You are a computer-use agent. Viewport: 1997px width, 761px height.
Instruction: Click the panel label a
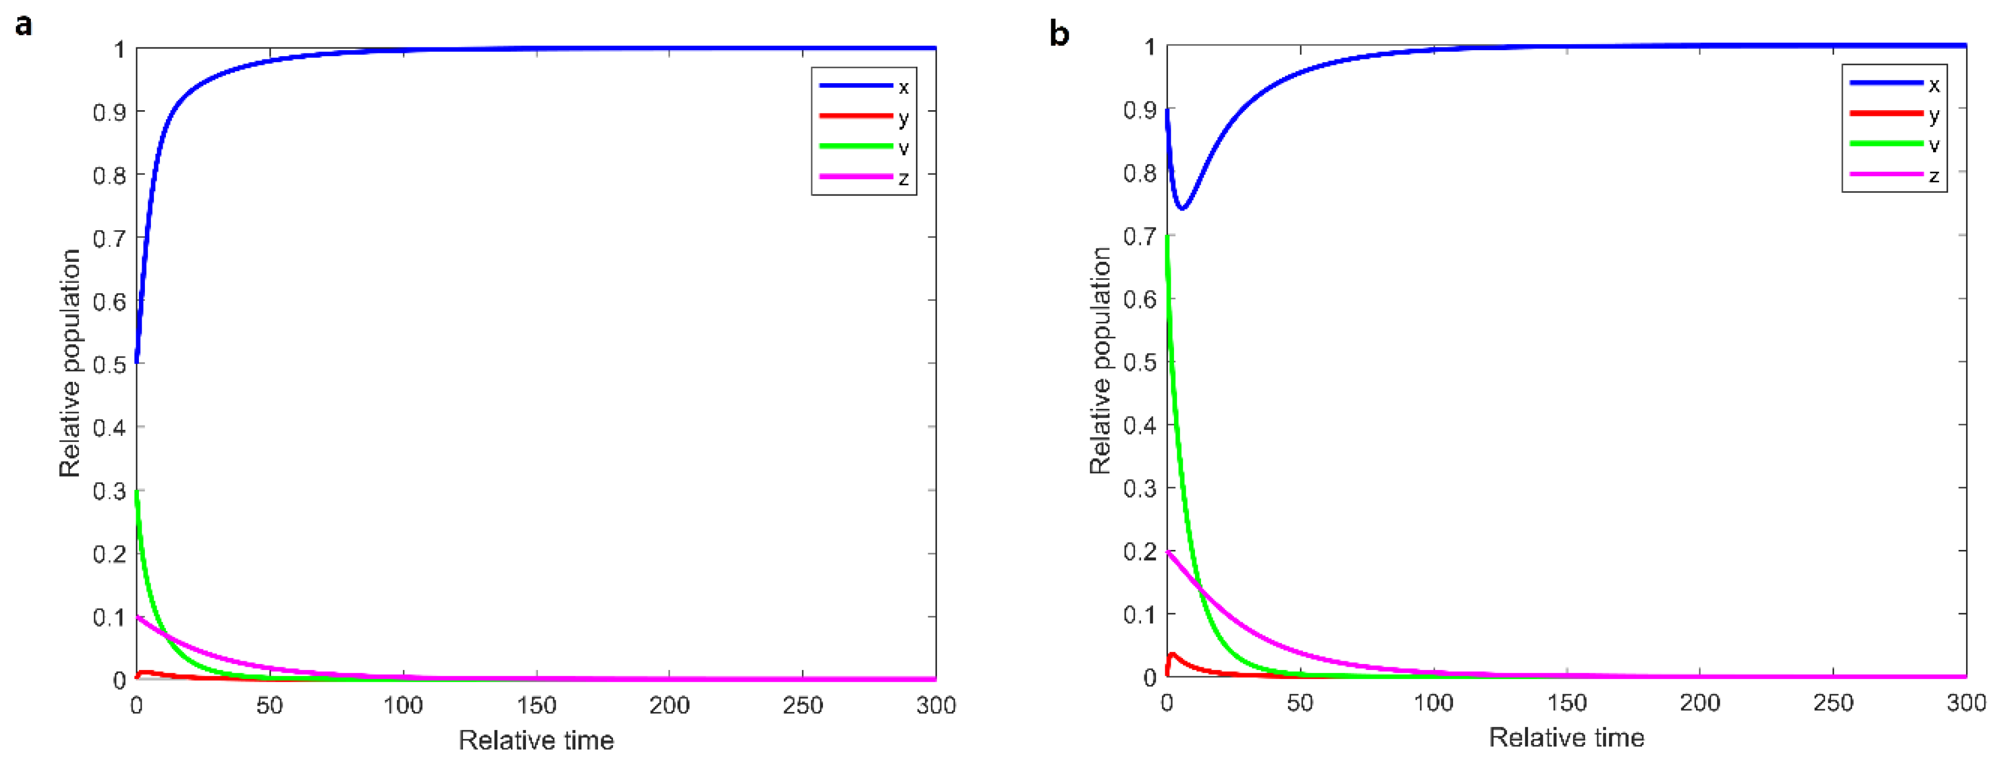click(23, 25)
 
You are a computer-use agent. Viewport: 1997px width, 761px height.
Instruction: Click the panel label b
click(1059, 34)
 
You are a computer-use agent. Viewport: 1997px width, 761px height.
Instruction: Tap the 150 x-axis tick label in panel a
click(536, 705)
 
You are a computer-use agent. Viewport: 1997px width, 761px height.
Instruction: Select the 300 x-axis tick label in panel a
click(936, 705)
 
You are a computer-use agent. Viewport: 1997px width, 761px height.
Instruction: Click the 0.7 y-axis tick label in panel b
click(1139, 236)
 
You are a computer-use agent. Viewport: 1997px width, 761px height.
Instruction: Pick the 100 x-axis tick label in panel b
click(1434, 703)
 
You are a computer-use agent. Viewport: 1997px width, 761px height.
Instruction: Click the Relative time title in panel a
click(536, 740)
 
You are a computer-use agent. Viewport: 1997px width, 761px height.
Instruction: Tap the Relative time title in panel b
click(1567, 737)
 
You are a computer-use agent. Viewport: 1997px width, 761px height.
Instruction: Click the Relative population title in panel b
click(1101, 360)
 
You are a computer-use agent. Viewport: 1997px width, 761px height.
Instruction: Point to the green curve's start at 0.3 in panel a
click(137, 492)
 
